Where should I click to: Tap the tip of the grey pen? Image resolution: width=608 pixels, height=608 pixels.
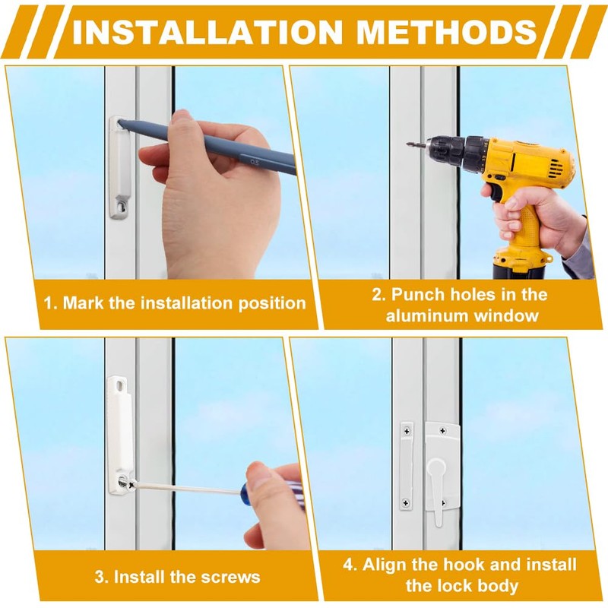point(120,122)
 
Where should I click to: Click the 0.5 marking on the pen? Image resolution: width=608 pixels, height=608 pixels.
point(255,162)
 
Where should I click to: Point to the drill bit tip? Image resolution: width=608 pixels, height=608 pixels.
point(407,144)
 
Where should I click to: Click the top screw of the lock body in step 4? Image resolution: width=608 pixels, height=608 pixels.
point(443,430)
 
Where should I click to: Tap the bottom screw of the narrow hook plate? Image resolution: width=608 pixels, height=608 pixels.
point(406,503)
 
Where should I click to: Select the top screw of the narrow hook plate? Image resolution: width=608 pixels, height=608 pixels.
point(407,431)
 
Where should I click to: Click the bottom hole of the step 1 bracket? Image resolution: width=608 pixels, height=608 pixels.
point(123,206)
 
